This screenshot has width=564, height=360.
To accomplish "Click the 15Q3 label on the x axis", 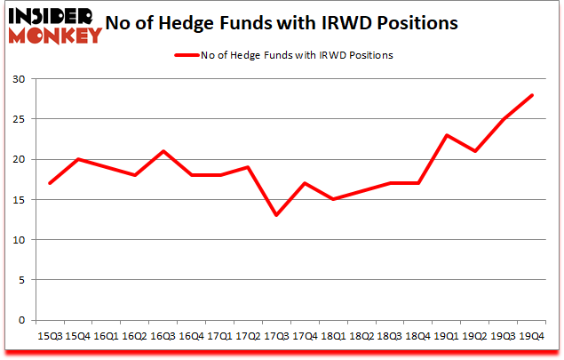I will coord(50,337).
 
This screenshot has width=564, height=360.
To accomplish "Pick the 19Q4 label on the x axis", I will coord(532,337).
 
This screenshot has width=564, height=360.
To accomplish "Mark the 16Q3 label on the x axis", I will coord(163,337).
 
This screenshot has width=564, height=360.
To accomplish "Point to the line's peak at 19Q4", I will coord(532,95).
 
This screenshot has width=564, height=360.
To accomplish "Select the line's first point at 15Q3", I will coord(51,183).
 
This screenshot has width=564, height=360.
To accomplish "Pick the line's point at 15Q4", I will coord(79,159).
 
